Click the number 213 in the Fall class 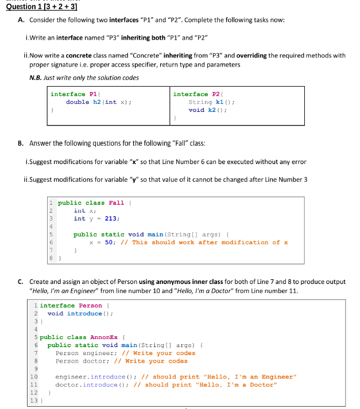[x=111, y=218]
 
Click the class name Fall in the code [x=117, y=202]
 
